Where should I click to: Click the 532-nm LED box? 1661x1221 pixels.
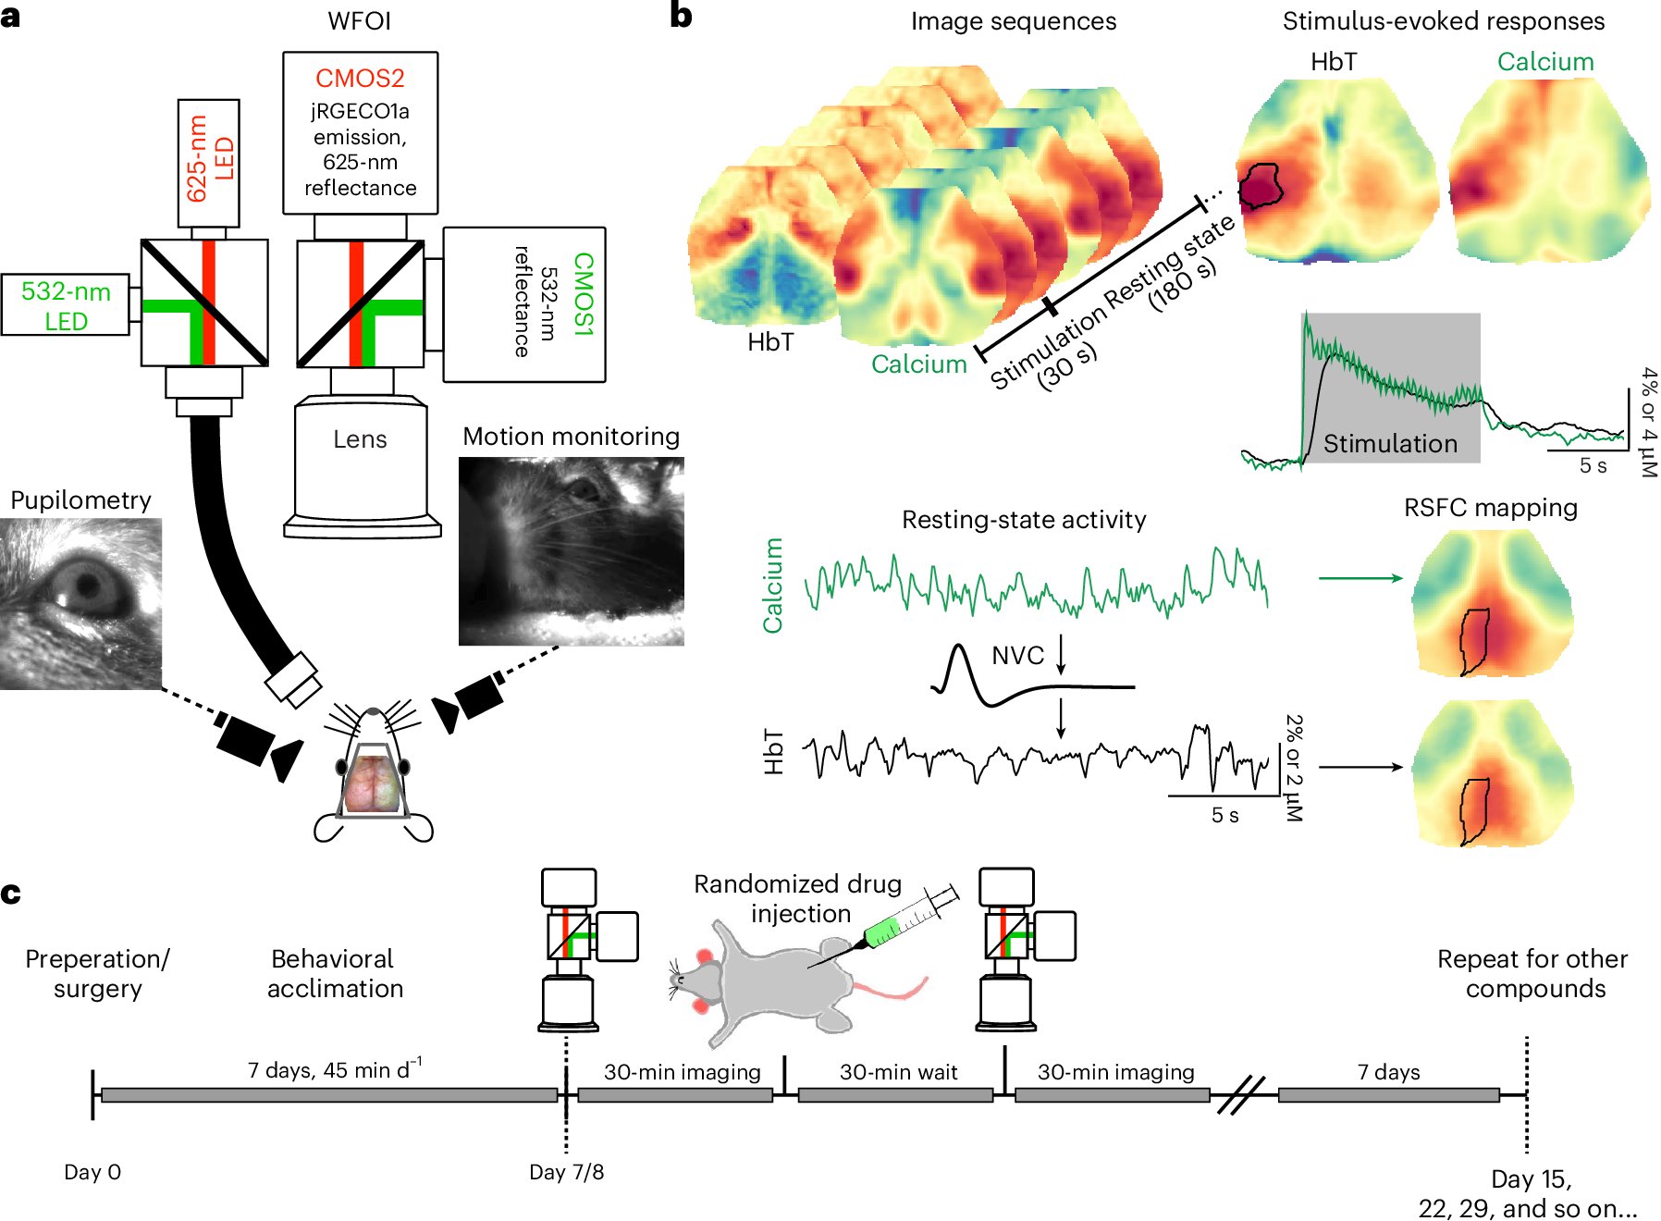(66, 305)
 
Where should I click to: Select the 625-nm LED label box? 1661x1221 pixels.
(209, 163)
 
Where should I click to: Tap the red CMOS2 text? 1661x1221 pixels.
(360, 79)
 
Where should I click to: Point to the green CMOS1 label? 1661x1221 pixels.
(583, 293)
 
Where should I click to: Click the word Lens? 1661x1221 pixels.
(360, 439)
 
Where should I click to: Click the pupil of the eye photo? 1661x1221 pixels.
(89, 585)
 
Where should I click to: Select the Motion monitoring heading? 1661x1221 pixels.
(571, 437)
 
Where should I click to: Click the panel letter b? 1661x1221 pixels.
(681, 16)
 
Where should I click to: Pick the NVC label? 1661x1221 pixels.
(1017, 656)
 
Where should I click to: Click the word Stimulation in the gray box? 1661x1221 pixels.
(1390, 444)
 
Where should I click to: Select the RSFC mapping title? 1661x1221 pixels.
(1490, 508)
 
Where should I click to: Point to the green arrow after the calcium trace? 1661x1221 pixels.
(1360, 578)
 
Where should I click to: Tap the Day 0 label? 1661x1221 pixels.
(92, 1172)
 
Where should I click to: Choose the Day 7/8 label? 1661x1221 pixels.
(566, 1172)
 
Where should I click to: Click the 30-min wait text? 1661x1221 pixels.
(898, 1072)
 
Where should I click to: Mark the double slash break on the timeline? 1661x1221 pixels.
(1241, 1094)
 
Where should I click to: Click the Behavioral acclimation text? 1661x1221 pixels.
(334, 973)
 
